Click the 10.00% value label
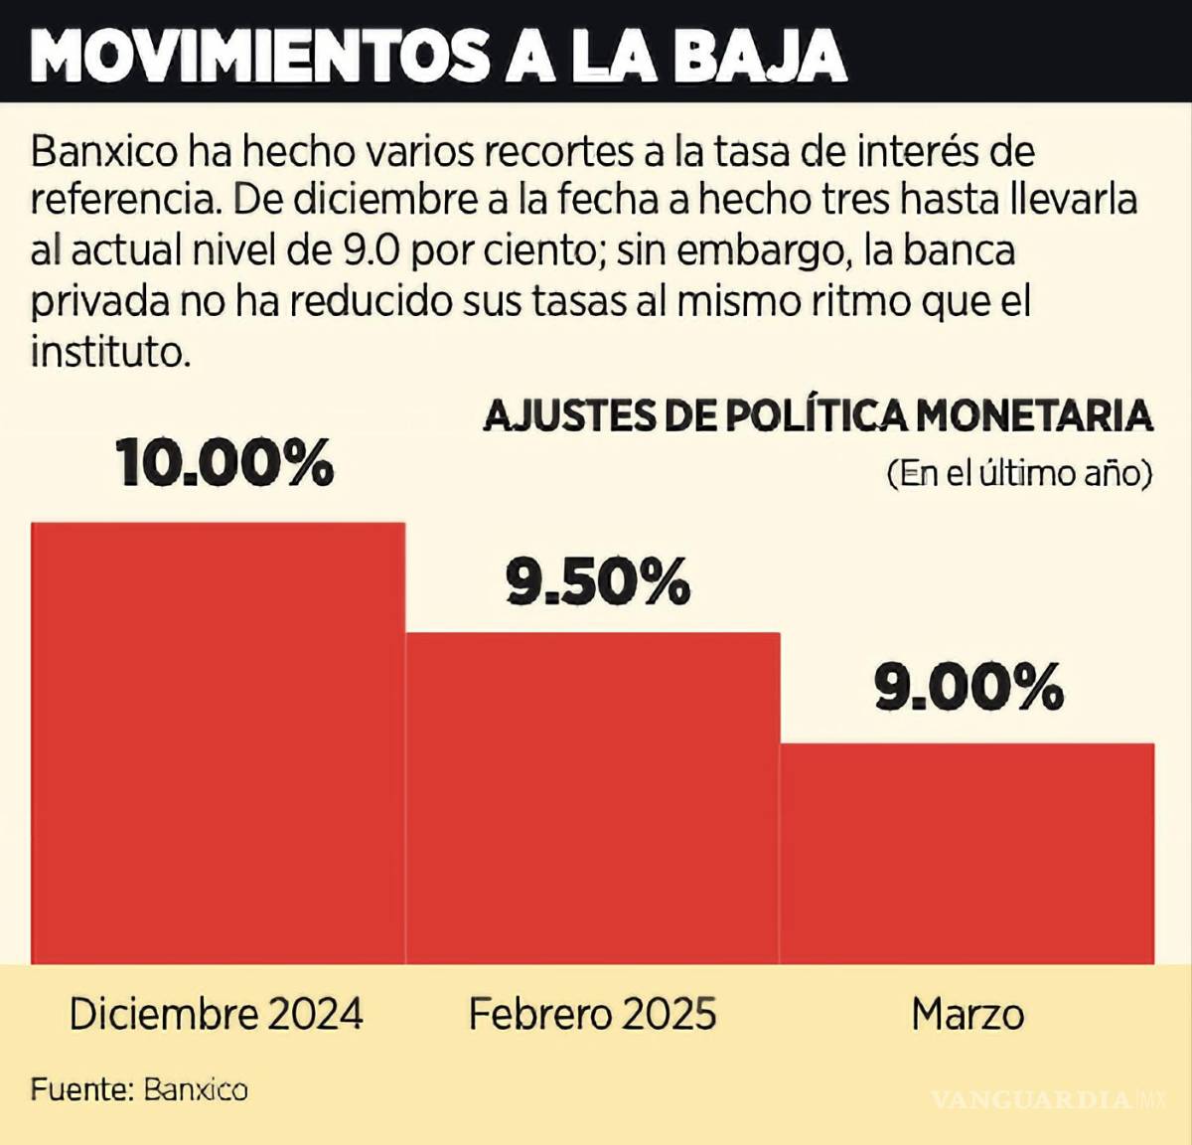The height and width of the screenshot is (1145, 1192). [x=224, y=462]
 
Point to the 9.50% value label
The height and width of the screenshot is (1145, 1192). [x=598, y=581]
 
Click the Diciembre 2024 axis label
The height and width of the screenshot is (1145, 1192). [x=217, y=1014]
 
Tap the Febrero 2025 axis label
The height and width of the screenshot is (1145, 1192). [x=592, y=1014]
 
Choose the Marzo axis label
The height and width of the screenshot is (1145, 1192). [x=968, y=1014]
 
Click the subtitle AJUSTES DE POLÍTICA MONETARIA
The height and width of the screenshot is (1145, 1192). [x=818, y=415]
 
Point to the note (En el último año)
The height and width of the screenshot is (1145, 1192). [x=1019, y=473]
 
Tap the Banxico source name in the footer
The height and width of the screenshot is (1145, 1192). [x=196, y=1089]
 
